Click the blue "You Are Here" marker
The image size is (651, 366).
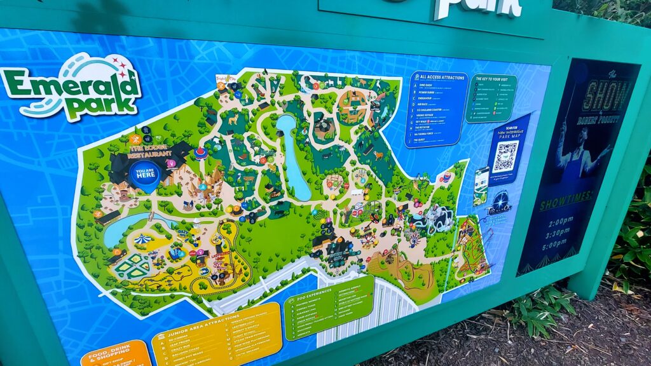point(145,175)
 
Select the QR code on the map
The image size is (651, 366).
point(506,156)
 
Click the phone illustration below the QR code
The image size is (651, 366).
point(481,185)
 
